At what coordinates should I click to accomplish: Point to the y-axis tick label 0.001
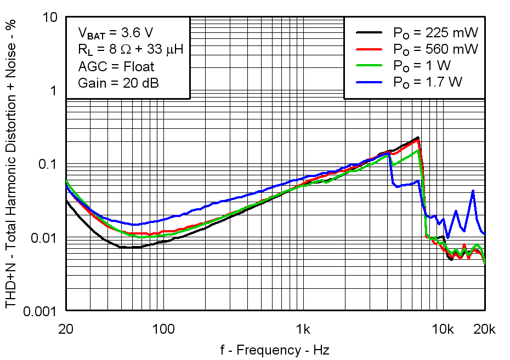point(40,312)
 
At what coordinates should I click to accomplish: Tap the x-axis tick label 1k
point(303,329)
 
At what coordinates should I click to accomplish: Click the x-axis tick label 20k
point(485,329)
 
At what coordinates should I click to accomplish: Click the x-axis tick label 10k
point(443,329)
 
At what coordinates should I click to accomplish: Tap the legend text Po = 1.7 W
point(428,82)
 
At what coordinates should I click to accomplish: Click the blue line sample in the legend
point(370,82)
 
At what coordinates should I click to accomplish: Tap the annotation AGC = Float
point(116,67)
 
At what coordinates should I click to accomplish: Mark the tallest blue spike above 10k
point(473,191)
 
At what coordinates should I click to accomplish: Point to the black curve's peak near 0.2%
point(418,138)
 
